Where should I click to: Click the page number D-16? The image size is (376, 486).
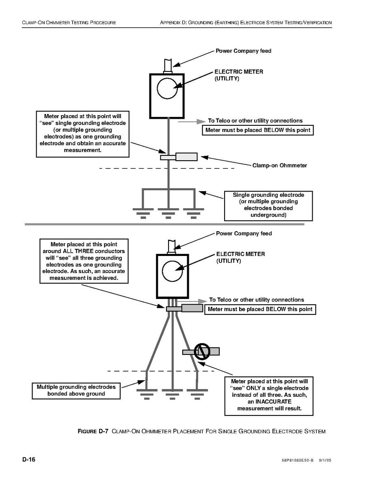coord(29,460)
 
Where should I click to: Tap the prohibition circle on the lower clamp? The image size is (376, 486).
coord(201,351)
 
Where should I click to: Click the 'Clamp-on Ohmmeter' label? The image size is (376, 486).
coord(279,166)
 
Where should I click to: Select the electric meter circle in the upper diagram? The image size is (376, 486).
coord(167,88)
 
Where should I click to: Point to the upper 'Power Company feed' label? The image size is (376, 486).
coord(243,51)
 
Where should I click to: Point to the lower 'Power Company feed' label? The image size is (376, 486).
coord(244,234)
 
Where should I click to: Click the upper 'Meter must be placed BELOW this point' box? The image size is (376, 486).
coord(258,130)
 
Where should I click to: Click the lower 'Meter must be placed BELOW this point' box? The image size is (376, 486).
coord(260,310)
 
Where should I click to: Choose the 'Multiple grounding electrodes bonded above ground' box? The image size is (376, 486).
coord(76,390)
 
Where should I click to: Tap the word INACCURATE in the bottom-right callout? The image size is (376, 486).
coord(270,402)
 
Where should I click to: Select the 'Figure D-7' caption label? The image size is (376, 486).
coord(93,431)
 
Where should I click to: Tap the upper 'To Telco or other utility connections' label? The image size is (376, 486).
coord(255,120)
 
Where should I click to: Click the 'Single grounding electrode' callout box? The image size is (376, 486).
coord(268,205)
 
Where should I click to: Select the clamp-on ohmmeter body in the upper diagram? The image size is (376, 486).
coord(186,157)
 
